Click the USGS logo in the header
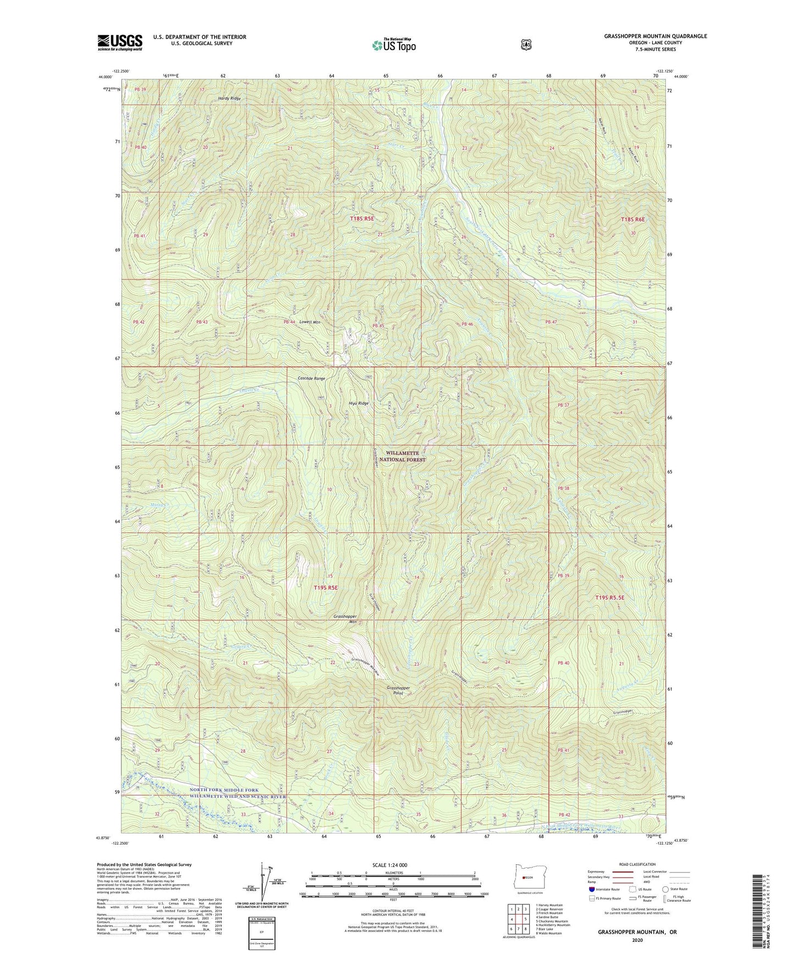[x=120, y=42]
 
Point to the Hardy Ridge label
[x=229, y=98]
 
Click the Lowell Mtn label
[x=309, y=322]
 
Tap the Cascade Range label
[x=312, y=378]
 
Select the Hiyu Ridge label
[x=358, y=403]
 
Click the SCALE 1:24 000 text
[x=393, y=865]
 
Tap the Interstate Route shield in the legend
[x=591, y=889]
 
